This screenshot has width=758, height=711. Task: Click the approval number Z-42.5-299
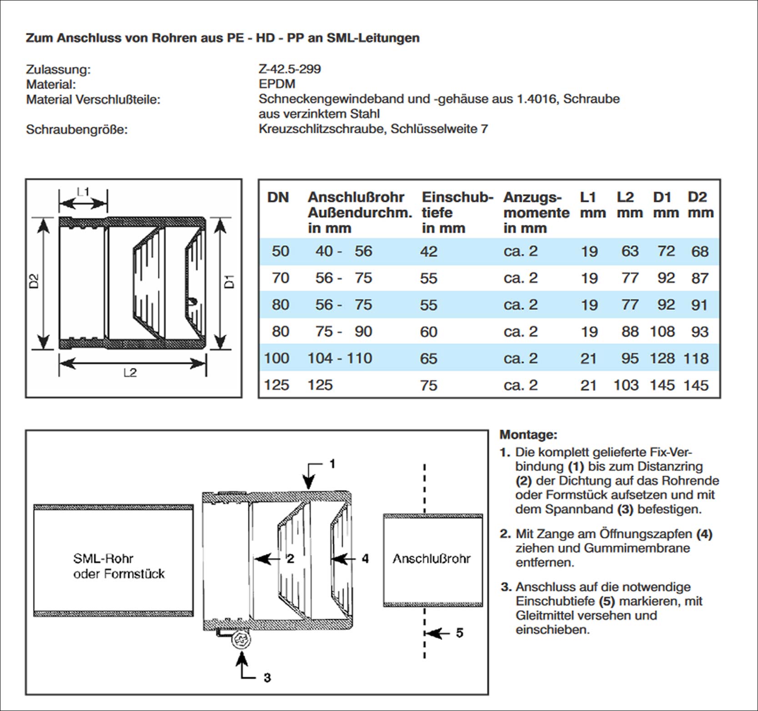[290, 69]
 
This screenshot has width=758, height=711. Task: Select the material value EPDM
[277, 84]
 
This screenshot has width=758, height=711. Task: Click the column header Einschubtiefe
[457, 212]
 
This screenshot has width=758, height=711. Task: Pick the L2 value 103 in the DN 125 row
[626, 385]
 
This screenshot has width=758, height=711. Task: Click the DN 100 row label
[276, 358]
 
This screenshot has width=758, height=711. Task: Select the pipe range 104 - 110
[340, 358]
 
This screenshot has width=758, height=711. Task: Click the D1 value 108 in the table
[662, 331]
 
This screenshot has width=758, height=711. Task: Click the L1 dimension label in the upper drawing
[83, 192]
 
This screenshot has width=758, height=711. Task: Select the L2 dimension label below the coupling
[130, 373]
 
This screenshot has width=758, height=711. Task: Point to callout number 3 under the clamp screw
[267, 678]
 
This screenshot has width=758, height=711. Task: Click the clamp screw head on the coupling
[241, 640]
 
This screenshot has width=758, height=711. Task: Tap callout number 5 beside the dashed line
[460, 633]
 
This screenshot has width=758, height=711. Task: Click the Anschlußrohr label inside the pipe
[432, 559]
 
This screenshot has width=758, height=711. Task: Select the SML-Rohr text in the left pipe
[103, 559]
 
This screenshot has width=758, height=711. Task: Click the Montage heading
[528, 435]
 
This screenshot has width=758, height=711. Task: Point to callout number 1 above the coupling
[332, 464]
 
